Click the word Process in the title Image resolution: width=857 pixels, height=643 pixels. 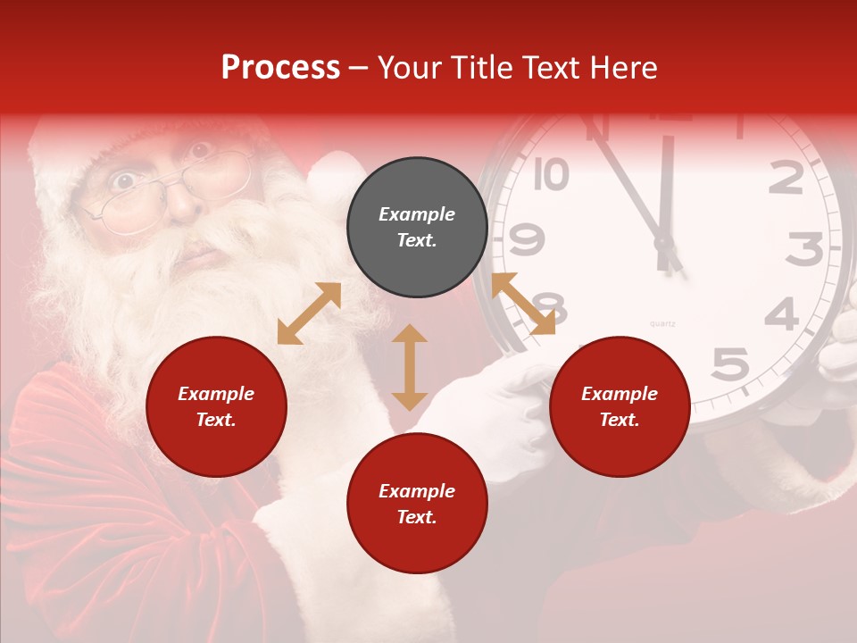[x=280, y=68]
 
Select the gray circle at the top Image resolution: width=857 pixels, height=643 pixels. [x=417, y=228]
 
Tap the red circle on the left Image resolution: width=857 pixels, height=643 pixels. [x=216, y=407]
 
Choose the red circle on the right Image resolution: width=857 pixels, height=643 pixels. [x=620, y=407]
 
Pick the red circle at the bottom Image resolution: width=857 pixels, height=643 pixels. [x=417, y=504]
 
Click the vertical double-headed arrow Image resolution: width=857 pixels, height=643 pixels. [x=410, y=367]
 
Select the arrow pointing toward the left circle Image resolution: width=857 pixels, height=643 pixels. [x=309, y=313]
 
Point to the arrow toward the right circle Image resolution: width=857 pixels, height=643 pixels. [x=523, y=304]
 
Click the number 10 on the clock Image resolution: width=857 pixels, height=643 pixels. [x=551, y=175]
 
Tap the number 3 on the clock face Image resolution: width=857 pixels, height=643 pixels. [x=804, y=249]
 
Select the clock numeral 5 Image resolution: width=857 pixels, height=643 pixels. [x=730, y=364]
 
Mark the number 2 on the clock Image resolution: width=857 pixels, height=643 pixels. [x=786, y=179]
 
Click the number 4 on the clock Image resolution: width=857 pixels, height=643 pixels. [x=782, y=313]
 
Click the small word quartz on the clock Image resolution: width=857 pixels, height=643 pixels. [x=662, y=323]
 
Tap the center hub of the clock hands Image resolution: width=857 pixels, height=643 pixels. [x=663, y=241]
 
